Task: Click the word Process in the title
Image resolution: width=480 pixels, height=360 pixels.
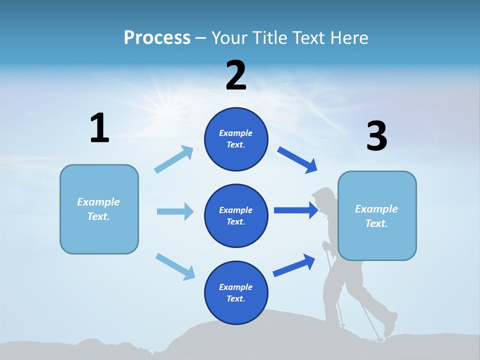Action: (157, 38)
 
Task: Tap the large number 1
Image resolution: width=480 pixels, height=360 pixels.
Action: (99, 128)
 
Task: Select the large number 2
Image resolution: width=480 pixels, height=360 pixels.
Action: (236, 75)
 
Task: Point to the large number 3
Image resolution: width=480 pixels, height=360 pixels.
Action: (376, 136)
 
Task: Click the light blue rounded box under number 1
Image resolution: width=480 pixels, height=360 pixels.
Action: (99, 209)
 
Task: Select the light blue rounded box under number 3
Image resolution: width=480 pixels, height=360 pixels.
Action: (377, 215)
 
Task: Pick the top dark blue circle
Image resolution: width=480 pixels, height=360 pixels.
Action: (236, 139)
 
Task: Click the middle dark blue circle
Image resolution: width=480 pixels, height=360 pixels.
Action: (236, 215)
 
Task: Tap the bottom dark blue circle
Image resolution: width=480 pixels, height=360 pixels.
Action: (236, 292)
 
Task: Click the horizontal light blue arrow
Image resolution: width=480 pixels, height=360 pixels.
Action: (175, 211)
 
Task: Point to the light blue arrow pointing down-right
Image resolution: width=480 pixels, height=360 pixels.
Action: (175, 266)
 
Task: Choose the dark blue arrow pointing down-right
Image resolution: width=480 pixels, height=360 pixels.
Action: (297, 160)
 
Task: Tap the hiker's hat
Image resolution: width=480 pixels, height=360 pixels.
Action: (322, 192)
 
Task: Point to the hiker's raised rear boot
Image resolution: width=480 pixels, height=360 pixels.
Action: (390, 324)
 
